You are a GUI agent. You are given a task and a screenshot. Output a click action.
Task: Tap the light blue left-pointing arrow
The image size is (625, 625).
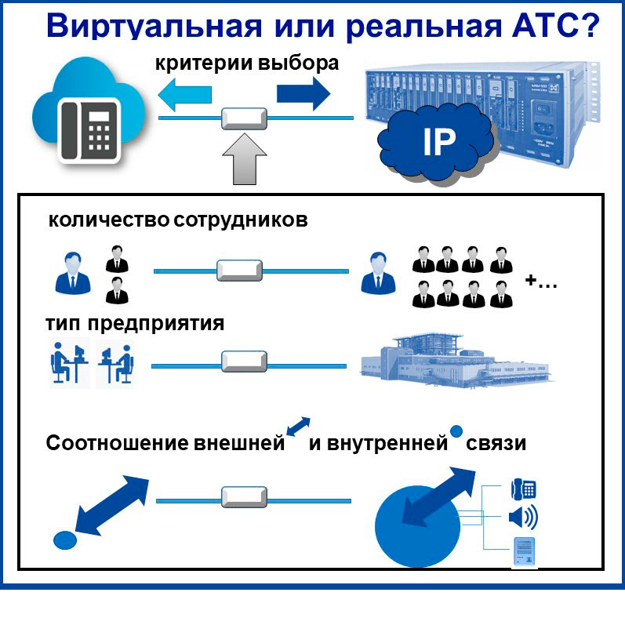coord(184,94)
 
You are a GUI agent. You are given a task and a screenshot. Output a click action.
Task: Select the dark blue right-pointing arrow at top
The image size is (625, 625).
coord(303,93)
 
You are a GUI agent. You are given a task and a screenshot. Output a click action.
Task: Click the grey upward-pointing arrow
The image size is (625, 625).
coord(245,159)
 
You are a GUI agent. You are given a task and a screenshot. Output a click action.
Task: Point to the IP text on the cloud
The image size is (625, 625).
coord(439,142)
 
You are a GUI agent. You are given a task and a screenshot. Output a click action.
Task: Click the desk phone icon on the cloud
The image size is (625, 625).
coord(89,130)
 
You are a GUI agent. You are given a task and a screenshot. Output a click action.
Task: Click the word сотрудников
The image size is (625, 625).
coord(240,220)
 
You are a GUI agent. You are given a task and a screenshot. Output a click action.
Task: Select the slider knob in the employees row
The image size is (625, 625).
coord(239,271)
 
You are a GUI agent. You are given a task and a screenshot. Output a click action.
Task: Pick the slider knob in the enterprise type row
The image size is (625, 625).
coord(244,362)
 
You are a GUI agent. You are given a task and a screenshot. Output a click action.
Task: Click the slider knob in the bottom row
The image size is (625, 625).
coord(244,496)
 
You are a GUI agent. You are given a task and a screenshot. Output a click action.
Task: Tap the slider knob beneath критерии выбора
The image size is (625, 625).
coord(244,118)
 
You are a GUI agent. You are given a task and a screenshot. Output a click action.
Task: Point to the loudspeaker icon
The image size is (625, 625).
coord(523,517)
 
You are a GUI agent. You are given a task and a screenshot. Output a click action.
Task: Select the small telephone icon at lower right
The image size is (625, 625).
coord(523,489)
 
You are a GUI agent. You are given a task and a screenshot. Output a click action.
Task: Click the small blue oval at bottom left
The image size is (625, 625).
coord(65,540)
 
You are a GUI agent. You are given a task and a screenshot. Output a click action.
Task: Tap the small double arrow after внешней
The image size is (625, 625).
coord(298,427)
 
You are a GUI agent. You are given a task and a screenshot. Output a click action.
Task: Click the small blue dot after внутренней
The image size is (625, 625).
coord(456,431)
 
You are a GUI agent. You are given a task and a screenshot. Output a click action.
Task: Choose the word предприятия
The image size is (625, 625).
coord(156,324)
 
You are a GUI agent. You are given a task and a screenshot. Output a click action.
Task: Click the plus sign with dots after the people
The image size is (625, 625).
coord(541,282)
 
